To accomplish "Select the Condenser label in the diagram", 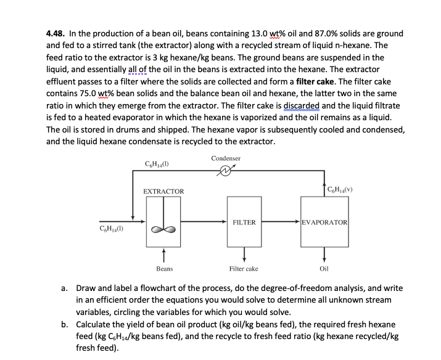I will [x=226, y=158].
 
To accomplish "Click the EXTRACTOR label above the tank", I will [x=163, y=192].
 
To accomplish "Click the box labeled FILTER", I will [x=244, y=222].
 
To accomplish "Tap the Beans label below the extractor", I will [x=164, y=269].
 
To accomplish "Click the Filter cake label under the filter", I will [x=244, y=269].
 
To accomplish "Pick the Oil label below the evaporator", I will [x=324, y=269].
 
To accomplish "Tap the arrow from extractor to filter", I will [x=204, y=221].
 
